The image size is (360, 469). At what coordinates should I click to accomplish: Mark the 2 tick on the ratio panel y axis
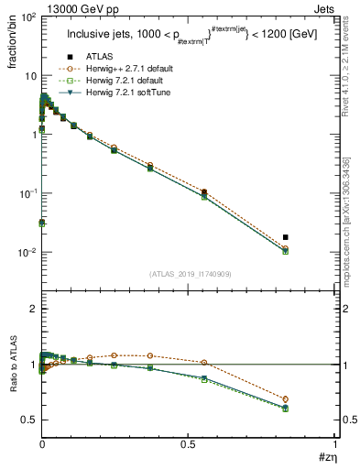tap(32, 310)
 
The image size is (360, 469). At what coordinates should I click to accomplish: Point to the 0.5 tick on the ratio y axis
tap(27, 420)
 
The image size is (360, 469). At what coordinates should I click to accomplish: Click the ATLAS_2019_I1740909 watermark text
tap(188, 274)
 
